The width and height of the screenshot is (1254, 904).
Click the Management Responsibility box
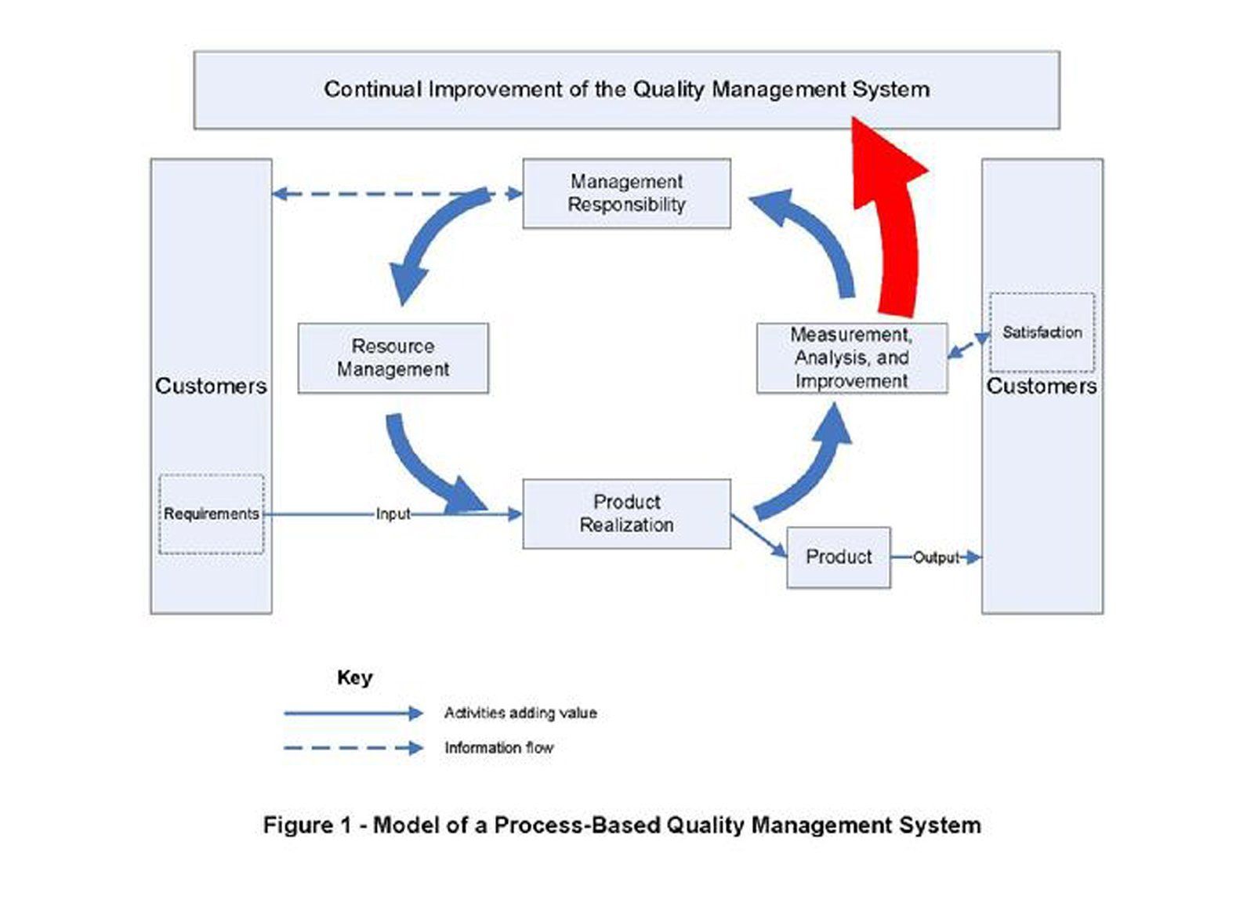(x=626, y=194)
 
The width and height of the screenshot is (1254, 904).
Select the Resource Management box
(x=393, y=358)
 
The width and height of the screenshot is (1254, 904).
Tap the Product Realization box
(x=626, y=514)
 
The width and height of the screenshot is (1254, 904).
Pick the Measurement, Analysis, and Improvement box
(x=851, y=358)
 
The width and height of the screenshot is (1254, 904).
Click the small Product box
(x=838, y=557)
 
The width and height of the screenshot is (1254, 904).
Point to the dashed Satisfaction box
(x=1041, y=332)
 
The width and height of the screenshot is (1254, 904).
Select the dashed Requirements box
(x=211, y=514)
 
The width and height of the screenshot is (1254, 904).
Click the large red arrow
(x=896, y=227)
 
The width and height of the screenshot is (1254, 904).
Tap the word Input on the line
(x=393, y=514)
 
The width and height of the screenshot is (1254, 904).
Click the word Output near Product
(x=936, y=557)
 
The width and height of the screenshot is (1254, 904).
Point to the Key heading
(x=354, y=677)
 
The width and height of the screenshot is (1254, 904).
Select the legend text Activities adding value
(x=520, y=713)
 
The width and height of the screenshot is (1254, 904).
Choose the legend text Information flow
(x=498, y=748)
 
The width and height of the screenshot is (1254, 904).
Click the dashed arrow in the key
(x=353, y=748)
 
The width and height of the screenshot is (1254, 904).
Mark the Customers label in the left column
(x=211, y=386)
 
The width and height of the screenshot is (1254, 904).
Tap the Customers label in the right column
(x=1041, y=386)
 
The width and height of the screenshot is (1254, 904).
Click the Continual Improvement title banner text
(x=626, y=89)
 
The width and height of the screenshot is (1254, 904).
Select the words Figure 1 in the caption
(x=306, y=825)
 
